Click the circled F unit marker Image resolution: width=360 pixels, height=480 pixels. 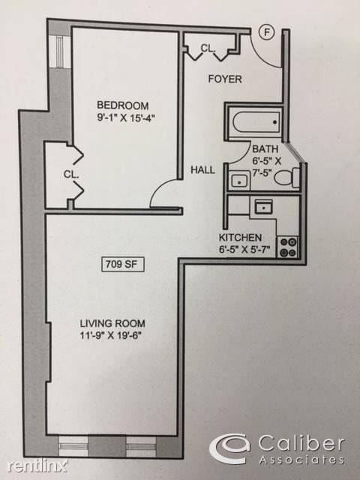(267, 32)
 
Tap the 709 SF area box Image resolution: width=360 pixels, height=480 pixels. (122, 265)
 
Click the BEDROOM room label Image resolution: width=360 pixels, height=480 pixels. (123, 105)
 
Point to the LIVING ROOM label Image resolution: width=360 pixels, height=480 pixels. (112, 323)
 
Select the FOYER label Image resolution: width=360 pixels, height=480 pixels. (225, 79)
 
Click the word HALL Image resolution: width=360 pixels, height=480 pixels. (202, 170)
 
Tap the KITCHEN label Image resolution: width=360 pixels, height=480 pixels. (240, 238)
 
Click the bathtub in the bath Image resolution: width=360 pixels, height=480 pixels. (256, 122)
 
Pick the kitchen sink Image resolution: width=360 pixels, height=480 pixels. (263, 207)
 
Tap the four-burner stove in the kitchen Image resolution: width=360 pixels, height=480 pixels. (287, 247)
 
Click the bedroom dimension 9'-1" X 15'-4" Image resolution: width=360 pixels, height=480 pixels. (124, 118)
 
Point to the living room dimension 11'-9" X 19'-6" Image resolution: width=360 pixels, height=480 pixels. (111, 336)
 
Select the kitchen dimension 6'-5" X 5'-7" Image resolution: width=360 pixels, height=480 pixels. (244, 250)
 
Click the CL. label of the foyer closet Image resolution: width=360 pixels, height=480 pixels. (208, 48)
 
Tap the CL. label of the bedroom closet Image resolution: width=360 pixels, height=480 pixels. (71, 175)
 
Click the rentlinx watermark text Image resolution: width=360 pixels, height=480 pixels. (37, 466)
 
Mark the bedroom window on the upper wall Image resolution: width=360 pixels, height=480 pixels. (59, 52)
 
